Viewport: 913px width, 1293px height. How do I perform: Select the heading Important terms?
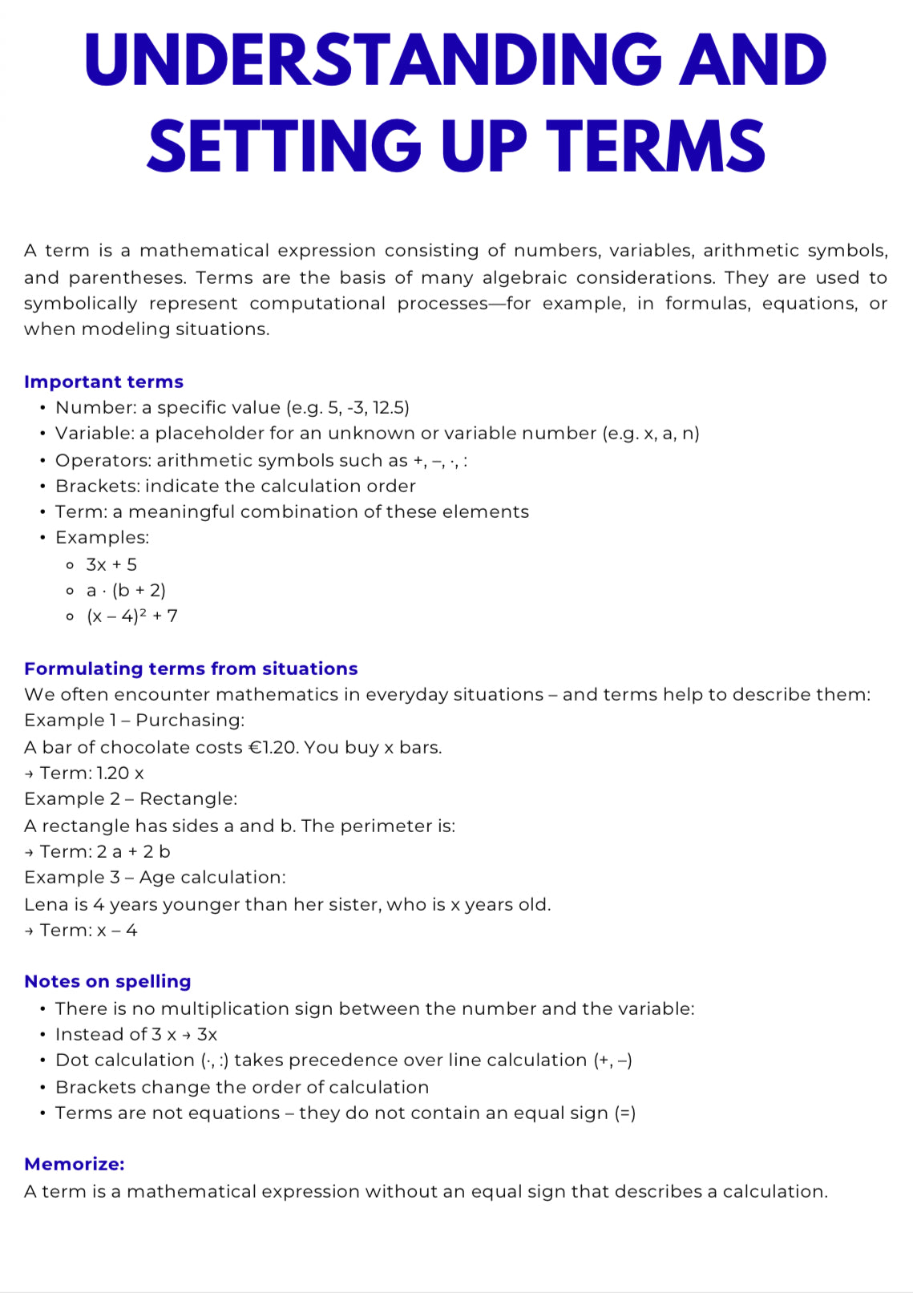(x=103, y=382)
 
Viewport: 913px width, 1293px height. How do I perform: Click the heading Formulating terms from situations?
(x=191, y=669)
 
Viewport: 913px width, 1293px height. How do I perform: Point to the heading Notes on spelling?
(x=107, y=981)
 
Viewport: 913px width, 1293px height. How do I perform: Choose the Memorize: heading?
(x=75, y=1164)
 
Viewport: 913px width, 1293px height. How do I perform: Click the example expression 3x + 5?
(x=111, y=564)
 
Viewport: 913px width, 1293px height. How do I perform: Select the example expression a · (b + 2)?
(x=126, y=591)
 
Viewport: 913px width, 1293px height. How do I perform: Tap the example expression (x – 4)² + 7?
(x=132, y=616)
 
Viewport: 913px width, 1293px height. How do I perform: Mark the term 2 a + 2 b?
(x=134, y=851)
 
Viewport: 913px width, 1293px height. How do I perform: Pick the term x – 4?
(x=117, y=930)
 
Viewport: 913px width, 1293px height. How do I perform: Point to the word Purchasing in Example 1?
(x=189, y=720)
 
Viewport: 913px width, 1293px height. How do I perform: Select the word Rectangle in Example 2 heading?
(x=188, y=798)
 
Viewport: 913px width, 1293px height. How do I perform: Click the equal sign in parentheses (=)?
(x=625, y=1113)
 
